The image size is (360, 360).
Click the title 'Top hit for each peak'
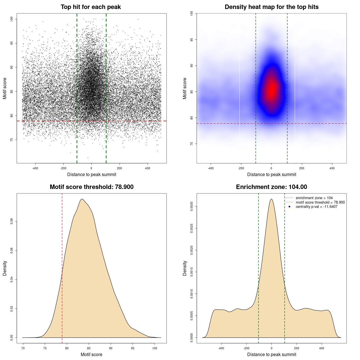[x=91, y=7]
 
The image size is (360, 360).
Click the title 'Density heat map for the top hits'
[x=271, y=7]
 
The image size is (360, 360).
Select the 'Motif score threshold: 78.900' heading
[x=91, y=187]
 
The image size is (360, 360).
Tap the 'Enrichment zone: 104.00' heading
[x=271, y=187]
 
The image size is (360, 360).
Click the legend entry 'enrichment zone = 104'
[x=314, y=198]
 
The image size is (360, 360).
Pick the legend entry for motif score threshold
[x=320, y=202]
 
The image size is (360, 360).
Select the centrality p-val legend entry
[x=316, y=207]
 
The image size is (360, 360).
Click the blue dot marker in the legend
[x=289, y=207]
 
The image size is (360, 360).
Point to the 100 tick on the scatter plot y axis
[x=12, y=19]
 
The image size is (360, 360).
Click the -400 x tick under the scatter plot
[x=35, y=168]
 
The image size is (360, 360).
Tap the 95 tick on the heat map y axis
[x=192, y=40]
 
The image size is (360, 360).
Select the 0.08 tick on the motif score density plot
[x=12, y=221]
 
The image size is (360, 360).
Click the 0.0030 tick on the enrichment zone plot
[x=192, y=206]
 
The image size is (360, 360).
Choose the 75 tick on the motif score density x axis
[x=45, y=348]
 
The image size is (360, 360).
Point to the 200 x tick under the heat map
[x=302, y=168]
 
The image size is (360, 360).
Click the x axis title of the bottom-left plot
[x=91, y=355]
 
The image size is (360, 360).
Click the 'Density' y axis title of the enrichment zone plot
[x=185, y=268]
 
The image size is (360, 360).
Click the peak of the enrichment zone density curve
[x=271, y=199]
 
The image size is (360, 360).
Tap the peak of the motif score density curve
[x=82, y=199]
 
